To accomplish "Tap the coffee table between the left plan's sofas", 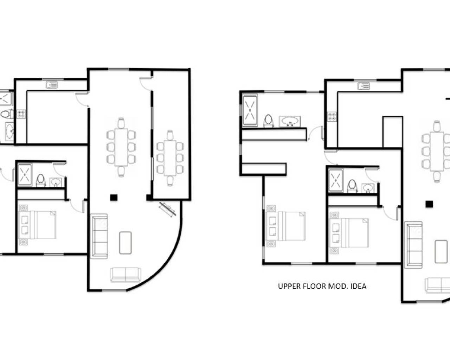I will pos(125,243).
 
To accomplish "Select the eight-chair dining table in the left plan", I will pos(121,147).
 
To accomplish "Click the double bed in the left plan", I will pos(37,225).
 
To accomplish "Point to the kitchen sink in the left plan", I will pos(52,85).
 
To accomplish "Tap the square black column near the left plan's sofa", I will pos(113,198).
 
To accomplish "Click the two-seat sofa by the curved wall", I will pos(126,275).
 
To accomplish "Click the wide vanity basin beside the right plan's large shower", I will pos(290,122).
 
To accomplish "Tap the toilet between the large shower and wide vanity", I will pos(269,120).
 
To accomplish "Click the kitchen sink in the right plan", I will pos(364,86).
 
